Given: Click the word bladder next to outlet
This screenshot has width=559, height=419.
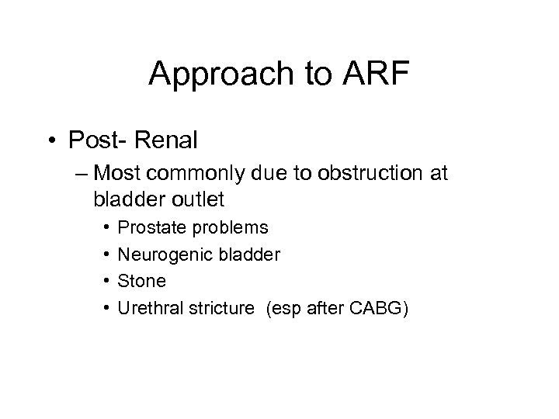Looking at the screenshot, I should click(129, 199).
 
